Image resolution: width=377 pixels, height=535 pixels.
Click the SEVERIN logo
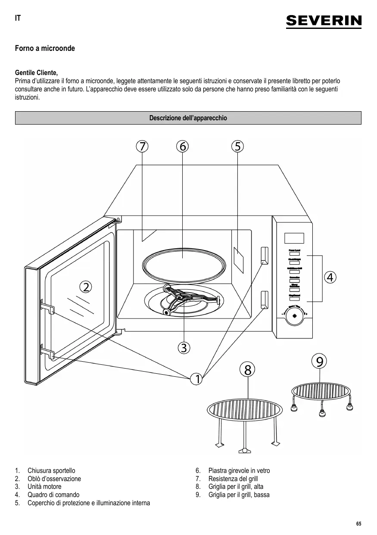[324, 21]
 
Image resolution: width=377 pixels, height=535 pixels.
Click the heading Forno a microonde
[45, 48]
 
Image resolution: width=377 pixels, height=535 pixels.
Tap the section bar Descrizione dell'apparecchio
[188, 118]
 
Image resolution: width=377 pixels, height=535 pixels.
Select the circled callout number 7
[141, 146]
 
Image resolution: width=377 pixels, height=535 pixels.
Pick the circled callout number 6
[182, 146]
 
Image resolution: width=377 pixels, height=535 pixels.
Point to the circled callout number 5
[237, 146]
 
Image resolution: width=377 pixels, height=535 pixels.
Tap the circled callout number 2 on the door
[86, 286]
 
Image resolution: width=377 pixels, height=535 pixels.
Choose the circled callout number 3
[184, 347]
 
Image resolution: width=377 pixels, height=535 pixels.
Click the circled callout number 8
[247, 369]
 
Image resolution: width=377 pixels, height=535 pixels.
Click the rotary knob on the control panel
[295, 316]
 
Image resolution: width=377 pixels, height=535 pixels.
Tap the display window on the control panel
[294, 238]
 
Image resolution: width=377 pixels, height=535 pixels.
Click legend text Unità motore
[44, 487]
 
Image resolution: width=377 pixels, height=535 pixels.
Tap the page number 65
[358, 524]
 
